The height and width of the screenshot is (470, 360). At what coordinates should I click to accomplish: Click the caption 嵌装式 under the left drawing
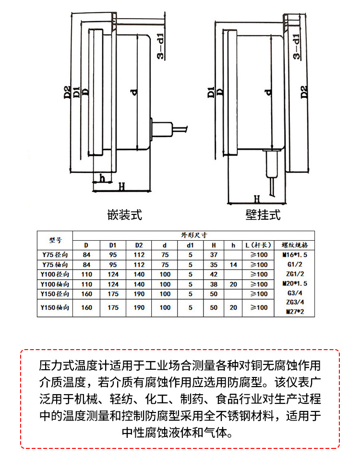(x=125, y=214)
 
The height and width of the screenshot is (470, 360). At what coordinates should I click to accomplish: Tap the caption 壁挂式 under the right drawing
(x=263, y=214)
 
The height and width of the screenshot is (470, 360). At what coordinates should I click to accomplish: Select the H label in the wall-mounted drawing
(x=257, y=198)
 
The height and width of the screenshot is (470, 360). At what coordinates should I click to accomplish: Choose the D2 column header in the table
(x=139, y=245)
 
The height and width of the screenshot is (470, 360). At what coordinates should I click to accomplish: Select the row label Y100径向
(x=55, y=274)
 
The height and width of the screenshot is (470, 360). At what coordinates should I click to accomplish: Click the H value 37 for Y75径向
(x=214, y=254)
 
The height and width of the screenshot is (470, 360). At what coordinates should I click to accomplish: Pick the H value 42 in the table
(x=214, y=274)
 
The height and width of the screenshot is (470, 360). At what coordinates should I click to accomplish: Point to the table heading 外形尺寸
(x=194, y=235)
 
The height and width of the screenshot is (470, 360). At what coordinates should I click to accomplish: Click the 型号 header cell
(x=55, y=240)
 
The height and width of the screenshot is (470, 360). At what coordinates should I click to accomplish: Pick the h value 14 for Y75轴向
(x=233, y=264)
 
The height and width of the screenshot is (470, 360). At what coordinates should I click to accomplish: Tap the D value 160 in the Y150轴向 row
(x=86, y=307)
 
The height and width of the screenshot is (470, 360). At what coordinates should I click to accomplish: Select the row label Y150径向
(x=55, y=294)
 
